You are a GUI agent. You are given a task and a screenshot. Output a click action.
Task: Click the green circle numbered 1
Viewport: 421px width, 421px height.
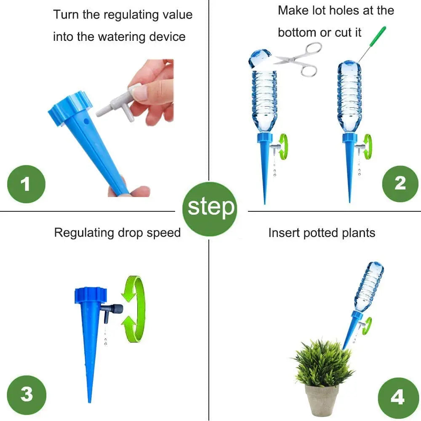26,184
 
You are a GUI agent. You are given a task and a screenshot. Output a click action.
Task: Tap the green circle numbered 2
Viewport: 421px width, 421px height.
400,183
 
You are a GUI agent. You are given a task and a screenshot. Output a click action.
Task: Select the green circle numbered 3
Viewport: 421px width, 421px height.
27,394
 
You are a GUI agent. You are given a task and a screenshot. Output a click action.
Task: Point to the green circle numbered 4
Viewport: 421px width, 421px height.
397,397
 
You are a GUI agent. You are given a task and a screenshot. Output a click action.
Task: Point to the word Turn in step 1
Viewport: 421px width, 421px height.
67,15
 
